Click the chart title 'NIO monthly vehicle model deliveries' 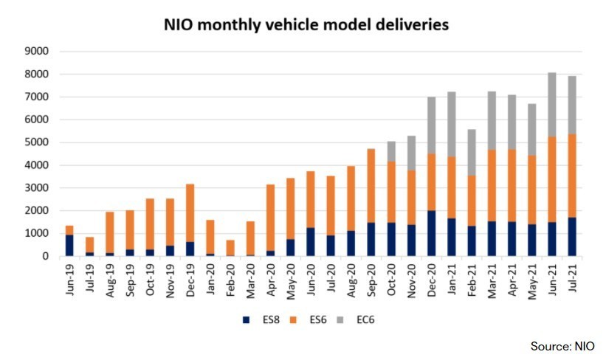tap(306, 25)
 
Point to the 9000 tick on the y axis tap(36, 52)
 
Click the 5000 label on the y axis tap(36, 142)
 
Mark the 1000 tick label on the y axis tap(36, 234)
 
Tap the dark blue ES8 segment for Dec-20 tap(431, 233)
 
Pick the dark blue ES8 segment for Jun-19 tap(69, 246)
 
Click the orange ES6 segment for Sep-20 tap(371, 185)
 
